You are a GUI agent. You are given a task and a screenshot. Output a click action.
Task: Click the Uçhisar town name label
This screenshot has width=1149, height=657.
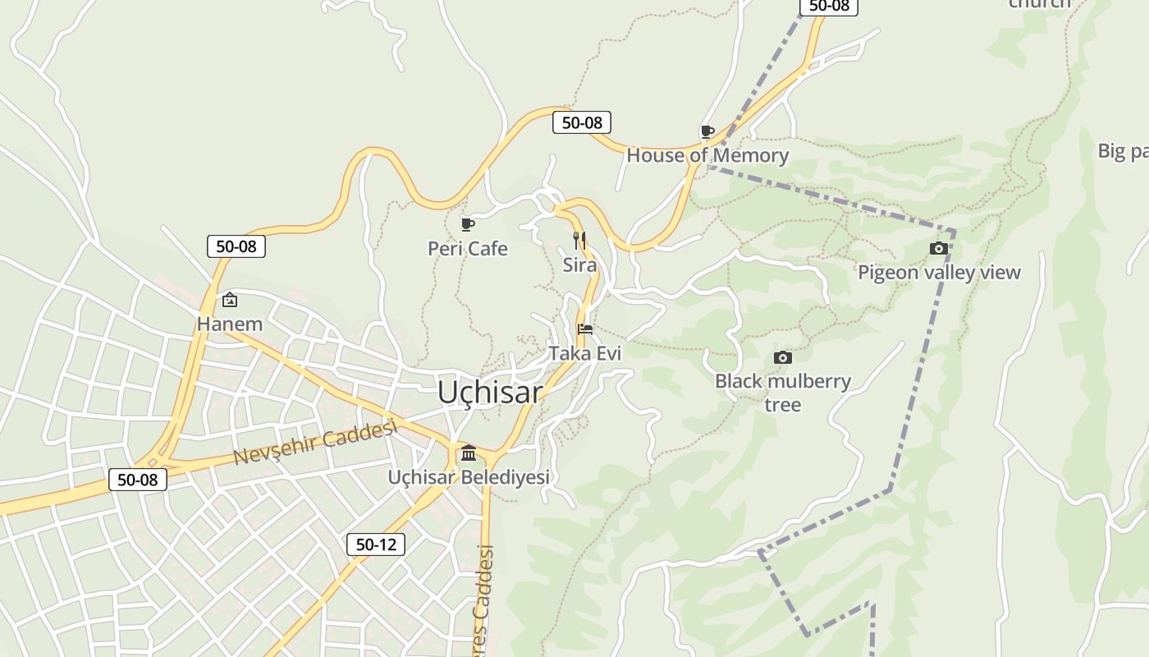[x=490, y=392]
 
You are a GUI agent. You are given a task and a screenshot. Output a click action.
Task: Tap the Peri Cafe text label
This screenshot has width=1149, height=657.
[x=468, y=248]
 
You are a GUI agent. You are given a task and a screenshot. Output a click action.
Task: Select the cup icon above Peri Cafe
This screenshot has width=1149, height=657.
[x=468, y=224]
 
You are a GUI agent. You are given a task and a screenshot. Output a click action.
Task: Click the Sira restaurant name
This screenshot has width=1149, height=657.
[x=579, y=264]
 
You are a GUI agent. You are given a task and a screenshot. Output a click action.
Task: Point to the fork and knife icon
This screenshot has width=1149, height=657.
[x=579, y=240]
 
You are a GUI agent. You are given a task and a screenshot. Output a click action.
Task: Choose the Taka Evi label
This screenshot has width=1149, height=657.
[x=585, y=353]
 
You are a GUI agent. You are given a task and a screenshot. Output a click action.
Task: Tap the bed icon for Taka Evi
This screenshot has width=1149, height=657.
[x=585, y=329]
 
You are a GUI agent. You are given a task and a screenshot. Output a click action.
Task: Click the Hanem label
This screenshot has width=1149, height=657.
[x=230, y=324]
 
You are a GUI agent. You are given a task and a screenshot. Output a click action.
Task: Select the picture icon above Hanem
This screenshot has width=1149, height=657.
[x=230, y=300]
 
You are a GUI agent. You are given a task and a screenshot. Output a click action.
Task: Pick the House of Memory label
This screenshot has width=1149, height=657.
[x=707, y=155]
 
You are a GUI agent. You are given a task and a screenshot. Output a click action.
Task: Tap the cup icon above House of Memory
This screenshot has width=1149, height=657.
[x=707, y=131]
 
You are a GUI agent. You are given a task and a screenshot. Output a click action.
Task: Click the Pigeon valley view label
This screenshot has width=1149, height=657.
[x=939, y=272]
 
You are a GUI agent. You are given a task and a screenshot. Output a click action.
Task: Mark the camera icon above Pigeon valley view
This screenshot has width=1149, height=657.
[x=939, y=248]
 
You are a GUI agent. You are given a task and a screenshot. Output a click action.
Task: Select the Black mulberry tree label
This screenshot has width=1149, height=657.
[x=783, y=392]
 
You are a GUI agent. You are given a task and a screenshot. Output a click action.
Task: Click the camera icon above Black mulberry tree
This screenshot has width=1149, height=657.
[x=783, y=357]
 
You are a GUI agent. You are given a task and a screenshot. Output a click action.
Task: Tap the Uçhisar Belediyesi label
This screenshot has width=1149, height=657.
[x=469, y=476]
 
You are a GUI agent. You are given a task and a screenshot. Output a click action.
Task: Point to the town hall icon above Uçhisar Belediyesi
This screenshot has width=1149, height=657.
[x=469, y=453]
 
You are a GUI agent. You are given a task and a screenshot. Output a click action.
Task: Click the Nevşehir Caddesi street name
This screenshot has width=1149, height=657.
[x=316, y=441]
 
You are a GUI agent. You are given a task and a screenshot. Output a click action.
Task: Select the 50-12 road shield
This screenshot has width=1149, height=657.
[x=375, y=544]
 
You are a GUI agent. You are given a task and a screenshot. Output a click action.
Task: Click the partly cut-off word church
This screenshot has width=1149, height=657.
[x=1040, y=3]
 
